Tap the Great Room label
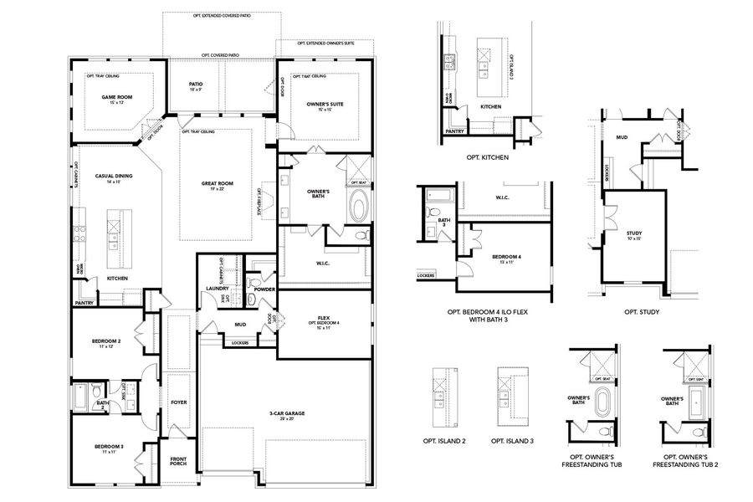(x=217, y=183)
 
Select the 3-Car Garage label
(x=285, y=412)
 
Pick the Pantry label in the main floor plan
(x=84, y=303)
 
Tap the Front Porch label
(x=179, y=460)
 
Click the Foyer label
(x=178, y=402)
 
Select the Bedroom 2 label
(x=107, y=341)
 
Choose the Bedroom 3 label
(x=110, y=447)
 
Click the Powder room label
(x=264, y=289)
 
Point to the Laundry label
(x=218, y=289)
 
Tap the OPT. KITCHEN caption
(x=489, y=156)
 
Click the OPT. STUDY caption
(x=642, y=312)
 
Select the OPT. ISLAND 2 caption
(x=443, y=440)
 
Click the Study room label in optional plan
(x=633, y=233)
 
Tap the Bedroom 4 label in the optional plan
(x=506, y=256)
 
